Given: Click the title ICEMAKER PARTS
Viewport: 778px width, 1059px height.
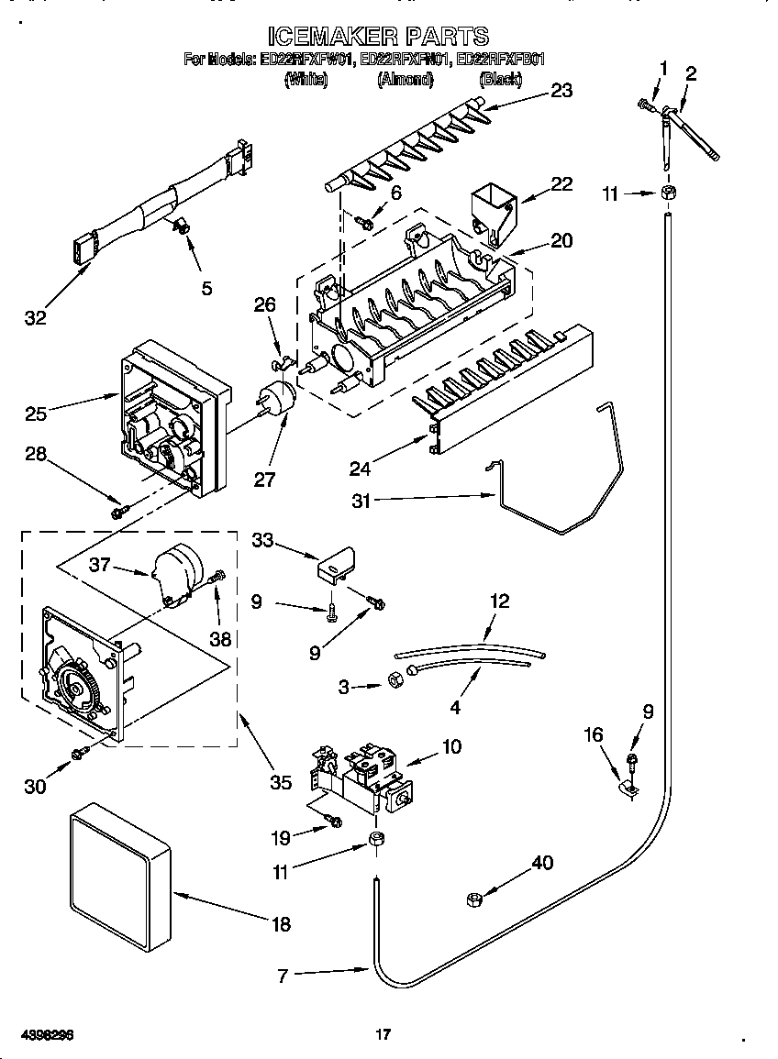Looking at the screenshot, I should click(377, 36).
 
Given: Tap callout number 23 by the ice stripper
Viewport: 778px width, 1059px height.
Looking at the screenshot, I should click(561, 89).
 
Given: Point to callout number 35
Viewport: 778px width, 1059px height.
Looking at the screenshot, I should click(281, 782).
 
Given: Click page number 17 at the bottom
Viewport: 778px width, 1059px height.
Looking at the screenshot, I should click(384, 1035).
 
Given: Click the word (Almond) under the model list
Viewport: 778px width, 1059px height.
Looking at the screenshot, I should click(405, 80).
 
